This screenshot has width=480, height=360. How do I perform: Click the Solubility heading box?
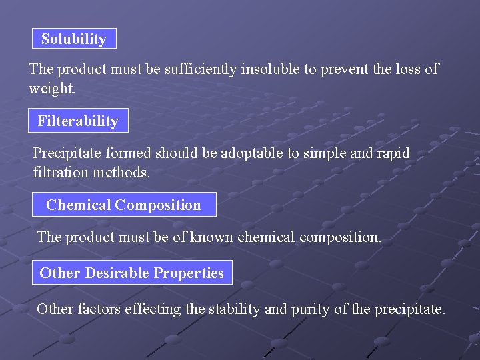74,39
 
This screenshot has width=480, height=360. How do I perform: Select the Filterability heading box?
78,121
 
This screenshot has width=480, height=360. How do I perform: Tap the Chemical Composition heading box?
124,205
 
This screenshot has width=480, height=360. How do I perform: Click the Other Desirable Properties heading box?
132,273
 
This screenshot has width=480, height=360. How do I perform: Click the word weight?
51,89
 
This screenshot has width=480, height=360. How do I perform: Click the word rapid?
392,153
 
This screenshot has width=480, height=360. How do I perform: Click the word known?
212,237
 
